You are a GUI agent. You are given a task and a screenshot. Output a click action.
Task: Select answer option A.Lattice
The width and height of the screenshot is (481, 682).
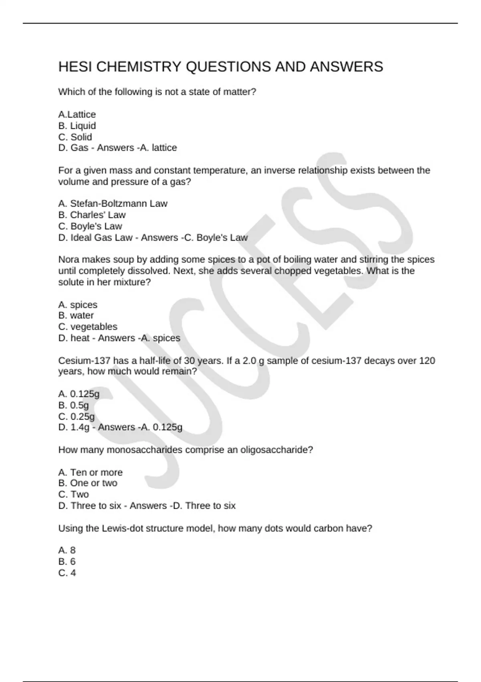coord(77,114)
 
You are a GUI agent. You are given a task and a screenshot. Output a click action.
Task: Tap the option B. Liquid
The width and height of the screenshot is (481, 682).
coord(77,126)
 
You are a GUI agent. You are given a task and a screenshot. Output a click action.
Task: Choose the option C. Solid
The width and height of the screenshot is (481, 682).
coord(75,137)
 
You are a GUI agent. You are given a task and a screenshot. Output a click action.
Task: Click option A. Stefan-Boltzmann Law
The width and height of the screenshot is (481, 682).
coord(113,203)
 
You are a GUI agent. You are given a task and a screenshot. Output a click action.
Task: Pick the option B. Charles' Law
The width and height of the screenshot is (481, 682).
coord(92,215)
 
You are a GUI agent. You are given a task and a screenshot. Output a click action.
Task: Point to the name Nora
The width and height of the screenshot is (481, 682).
coord(69,260)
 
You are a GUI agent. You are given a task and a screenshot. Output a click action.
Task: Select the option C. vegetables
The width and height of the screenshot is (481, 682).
coord(88,327)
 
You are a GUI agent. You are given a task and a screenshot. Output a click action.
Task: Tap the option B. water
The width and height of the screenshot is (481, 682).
coord(76,315)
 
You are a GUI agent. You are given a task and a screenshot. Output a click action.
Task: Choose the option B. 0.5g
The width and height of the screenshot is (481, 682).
coord(73,405)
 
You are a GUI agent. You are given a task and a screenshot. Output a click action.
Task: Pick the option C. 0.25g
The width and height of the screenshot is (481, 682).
coord(76,416)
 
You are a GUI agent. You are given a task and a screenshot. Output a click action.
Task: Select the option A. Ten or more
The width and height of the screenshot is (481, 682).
coord(90,472)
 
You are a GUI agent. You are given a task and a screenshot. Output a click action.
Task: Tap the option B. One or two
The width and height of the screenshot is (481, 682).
coord(88,483)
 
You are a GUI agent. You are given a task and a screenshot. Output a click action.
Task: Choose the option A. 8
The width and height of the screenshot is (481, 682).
coord(67,550)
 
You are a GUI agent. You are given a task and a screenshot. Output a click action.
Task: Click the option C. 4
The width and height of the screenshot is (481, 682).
coord(67,572)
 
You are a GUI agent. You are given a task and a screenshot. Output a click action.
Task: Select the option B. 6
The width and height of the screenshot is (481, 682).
coord(67,561)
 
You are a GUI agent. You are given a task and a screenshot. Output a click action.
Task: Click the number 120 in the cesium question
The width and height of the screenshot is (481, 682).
coord(427,361)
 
